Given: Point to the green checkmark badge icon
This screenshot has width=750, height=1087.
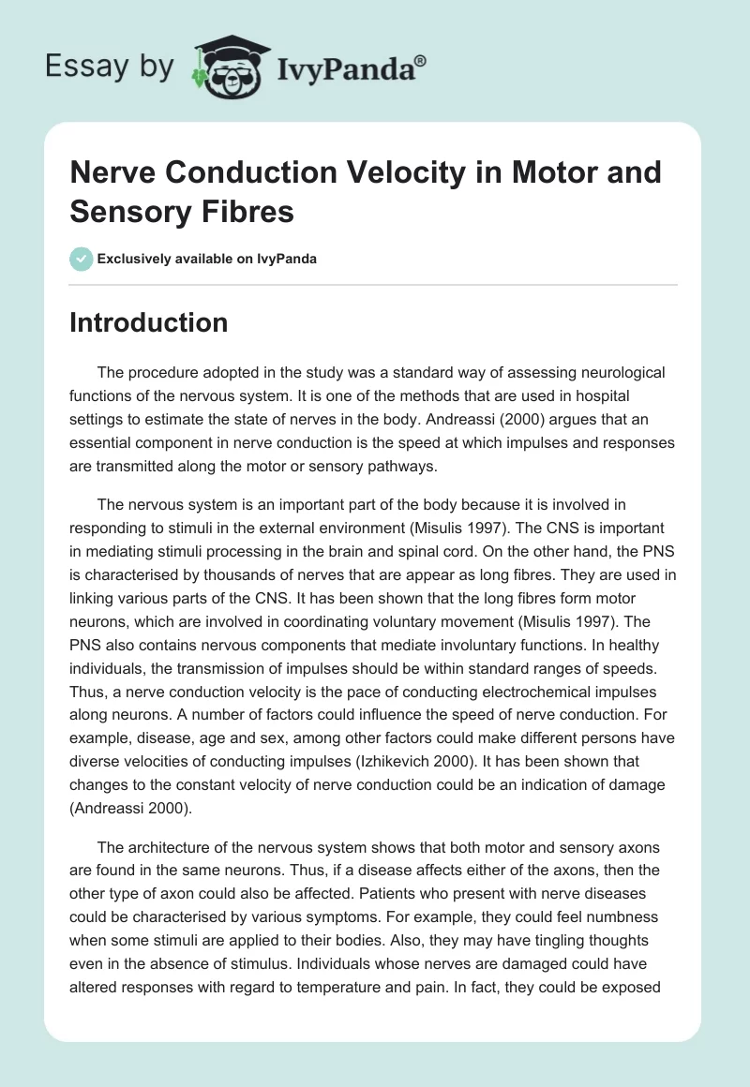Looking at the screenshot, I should [x=81, y=259].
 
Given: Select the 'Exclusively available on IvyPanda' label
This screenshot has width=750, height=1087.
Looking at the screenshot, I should [x=207, y=259].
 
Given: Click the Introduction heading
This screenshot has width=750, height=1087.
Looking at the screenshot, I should [x=149, y=323].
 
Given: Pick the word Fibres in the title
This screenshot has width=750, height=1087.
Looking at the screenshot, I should [x=247, y=212].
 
